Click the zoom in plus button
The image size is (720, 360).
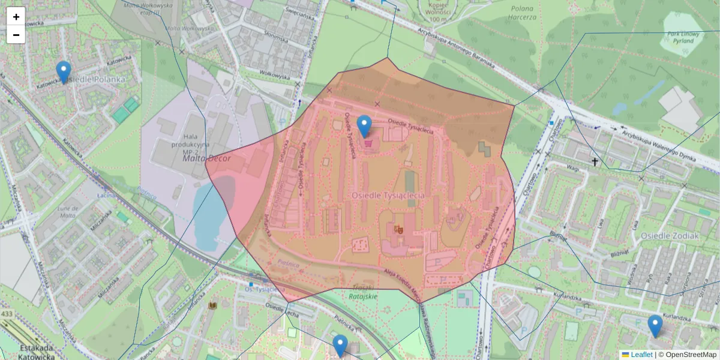(16, 16)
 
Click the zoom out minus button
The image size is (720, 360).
(16, 35)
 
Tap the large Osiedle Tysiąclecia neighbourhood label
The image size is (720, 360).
(388, 196)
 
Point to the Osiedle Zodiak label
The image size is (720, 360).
(669, 236)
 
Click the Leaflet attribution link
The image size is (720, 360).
(641, 355)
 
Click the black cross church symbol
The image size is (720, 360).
(595, 162)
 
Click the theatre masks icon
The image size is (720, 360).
(397, 228)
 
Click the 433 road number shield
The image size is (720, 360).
(7, 314)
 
